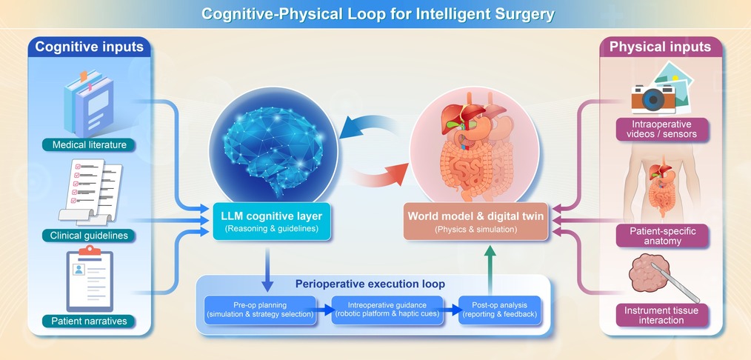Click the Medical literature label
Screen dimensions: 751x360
pos(89,144)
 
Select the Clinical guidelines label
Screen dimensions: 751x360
pos(89,236)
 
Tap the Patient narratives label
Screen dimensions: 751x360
pos(89,321)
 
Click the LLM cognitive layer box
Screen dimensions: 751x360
pos(272,221)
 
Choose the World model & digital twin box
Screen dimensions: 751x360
pos(475,221)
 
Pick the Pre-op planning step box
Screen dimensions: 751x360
pos(260,310)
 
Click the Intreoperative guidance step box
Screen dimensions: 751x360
pos(387,310)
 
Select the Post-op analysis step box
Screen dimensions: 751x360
pos(499,310)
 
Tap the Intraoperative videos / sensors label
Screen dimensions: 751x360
pos(661,129)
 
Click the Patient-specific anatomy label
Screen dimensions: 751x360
pos(662,236)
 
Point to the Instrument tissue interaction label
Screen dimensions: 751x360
pos(661,316)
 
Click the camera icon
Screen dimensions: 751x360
pos(653,98)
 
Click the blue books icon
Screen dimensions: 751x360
pos(89,103)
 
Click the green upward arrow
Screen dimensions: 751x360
pos(490,270)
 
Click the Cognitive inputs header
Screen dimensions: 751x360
pos(90,47)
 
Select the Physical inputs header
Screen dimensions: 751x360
pos(660,47)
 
